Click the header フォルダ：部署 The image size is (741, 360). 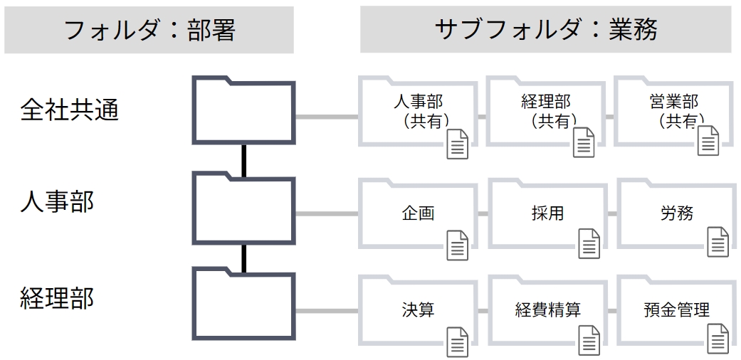(149, 30)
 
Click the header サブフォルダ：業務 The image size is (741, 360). (546, 29)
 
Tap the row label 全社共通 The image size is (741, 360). (69, 110)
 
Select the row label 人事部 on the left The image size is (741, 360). (57, 202)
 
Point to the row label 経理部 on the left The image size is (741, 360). (57, 298)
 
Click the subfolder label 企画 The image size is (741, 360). (418, 213)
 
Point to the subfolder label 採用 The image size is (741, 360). (547, 213)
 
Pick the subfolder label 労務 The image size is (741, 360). (676, 213)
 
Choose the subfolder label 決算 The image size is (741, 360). (418, 309)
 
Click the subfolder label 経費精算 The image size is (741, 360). (547, 309)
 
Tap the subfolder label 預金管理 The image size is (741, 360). (676, 309)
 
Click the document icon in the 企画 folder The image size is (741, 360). (457, 245)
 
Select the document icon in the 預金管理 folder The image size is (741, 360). (718, 339)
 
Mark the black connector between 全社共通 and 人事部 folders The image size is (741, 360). (243, 159)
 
